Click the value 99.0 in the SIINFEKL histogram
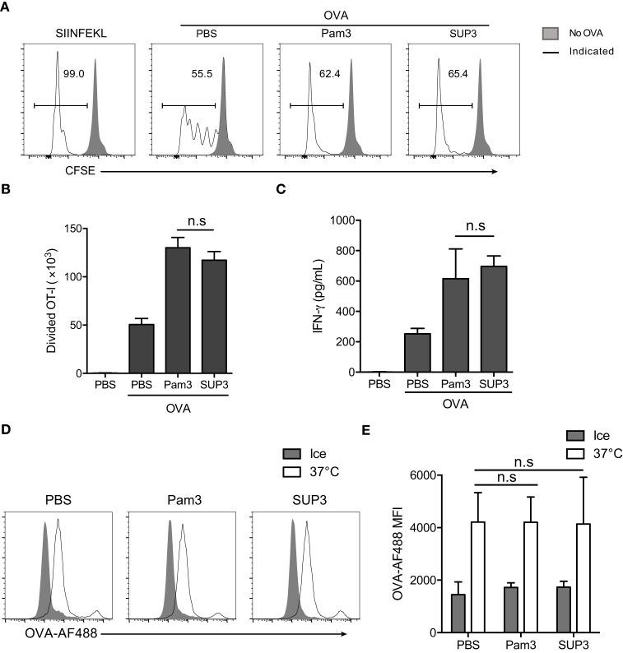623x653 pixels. [74, 74]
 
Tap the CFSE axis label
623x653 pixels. [44, 172]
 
